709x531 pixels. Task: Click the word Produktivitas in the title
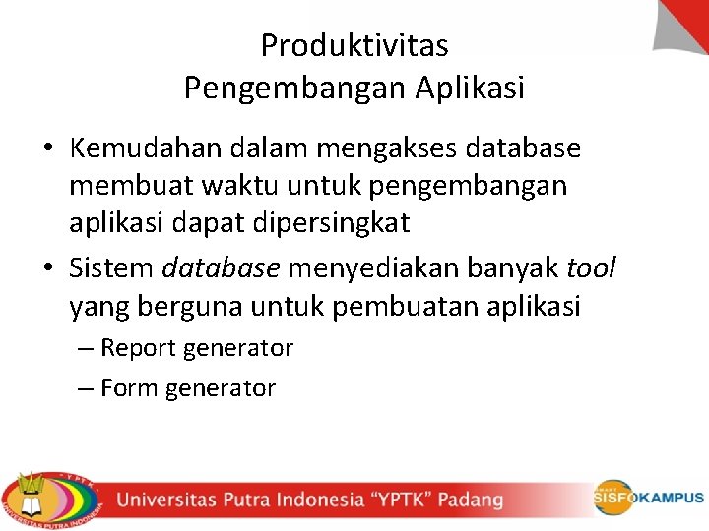pos(354,45)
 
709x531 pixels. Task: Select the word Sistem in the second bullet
pos(110,267)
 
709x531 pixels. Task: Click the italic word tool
pos(591,267)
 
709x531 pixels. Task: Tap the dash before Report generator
pos(86,348)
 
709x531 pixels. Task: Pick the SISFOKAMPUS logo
pos(648,498)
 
